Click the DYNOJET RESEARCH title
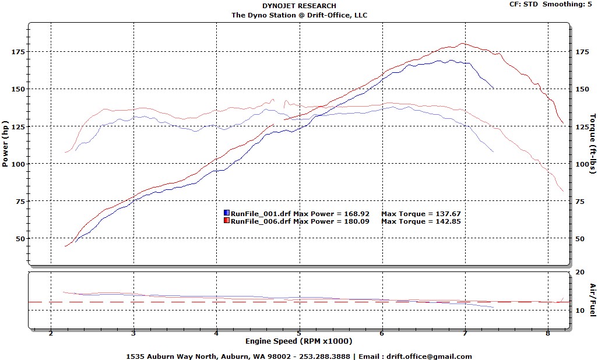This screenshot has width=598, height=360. [299, 6]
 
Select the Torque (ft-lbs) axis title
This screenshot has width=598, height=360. [592, 143]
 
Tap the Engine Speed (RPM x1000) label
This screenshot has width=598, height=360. [298, 341]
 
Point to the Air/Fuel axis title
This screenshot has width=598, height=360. [592, 300]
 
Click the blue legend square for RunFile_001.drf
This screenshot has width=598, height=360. [227, 214]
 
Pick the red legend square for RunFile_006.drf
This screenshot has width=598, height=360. [227, 221]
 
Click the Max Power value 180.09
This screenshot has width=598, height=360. [356, 221]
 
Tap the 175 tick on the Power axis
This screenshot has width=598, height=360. [19, 51]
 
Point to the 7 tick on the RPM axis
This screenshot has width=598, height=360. [465, 334]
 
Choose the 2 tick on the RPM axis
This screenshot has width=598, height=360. [51, 334]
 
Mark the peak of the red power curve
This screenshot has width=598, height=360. [462, 44]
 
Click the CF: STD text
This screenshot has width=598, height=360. [523, 4]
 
